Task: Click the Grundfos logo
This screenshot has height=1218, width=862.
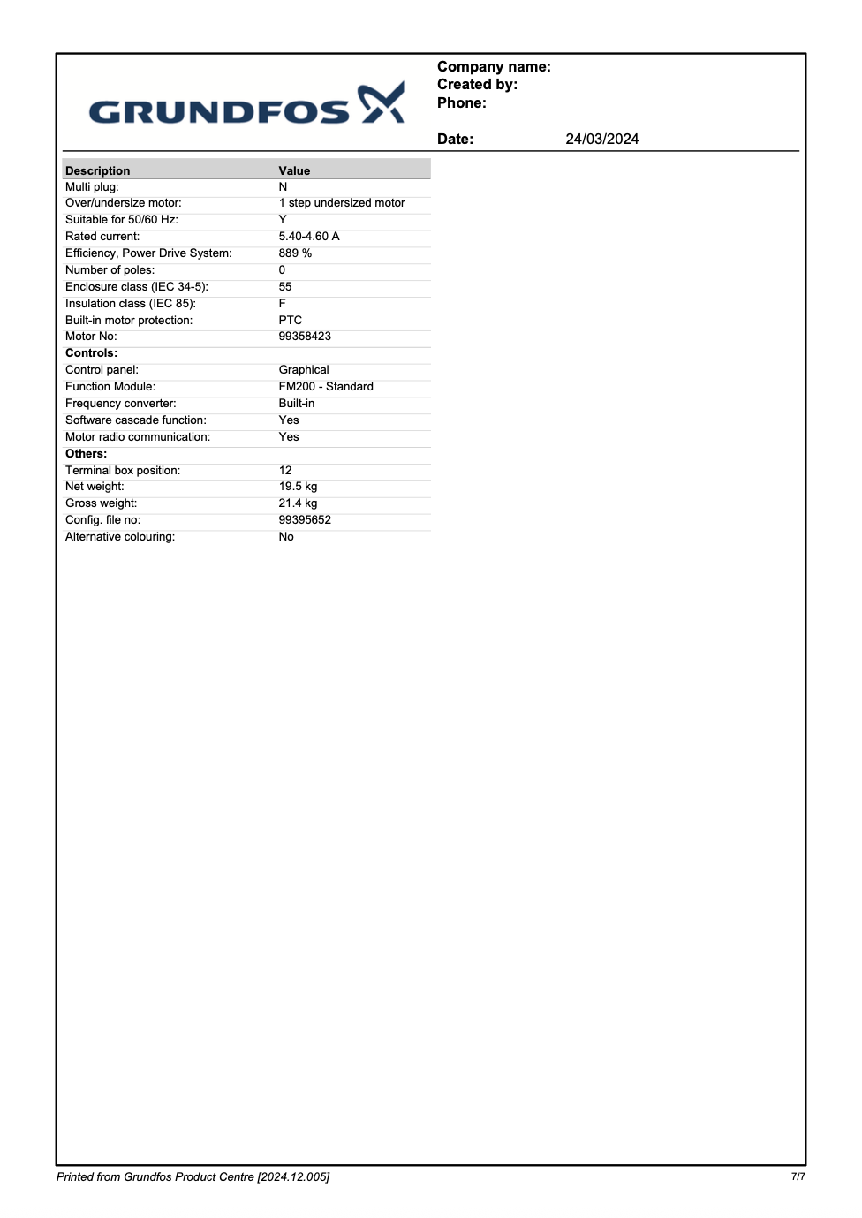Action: (246, 105)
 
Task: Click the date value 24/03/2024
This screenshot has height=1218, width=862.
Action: (601, 139)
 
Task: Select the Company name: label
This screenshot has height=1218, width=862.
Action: (494, 67)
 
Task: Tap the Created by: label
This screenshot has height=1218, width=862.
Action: (477, 85)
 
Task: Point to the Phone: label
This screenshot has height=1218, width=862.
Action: (461, 103)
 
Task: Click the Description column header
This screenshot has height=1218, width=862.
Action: (97, 170)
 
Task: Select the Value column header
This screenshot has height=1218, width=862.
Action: (294, 170)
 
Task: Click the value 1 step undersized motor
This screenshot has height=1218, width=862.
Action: (342, 203)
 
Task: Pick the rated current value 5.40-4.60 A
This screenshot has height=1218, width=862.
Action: (309, 237)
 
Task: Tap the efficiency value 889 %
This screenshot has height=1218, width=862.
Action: (295, 253)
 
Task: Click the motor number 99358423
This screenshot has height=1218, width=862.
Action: (305, 337)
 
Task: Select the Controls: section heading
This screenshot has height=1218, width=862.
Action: (91, 353)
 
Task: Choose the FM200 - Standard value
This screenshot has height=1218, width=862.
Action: (326, 387)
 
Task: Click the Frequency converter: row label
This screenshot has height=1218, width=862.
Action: (120, 404)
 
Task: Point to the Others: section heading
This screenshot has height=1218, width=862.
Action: (86, 454)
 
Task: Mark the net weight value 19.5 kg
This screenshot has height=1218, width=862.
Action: (298, 487)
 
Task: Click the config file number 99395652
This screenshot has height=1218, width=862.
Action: (305, 520)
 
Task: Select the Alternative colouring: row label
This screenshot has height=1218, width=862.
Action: (120, 537)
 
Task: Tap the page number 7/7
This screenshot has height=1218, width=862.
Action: (798, 1176)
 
